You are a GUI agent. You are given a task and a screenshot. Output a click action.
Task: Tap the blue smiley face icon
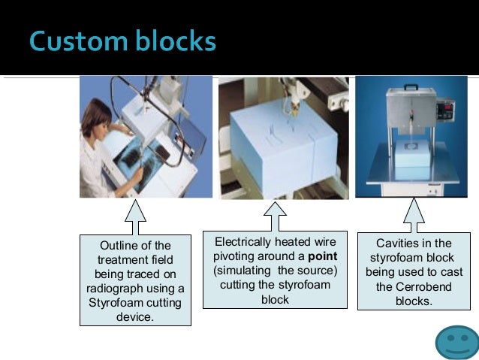pos(456,342)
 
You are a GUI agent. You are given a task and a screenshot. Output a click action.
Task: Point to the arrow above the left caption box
pos(135,218)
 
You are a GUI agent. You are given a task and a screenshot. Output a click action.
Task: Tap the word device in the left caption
pos(135,317)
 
